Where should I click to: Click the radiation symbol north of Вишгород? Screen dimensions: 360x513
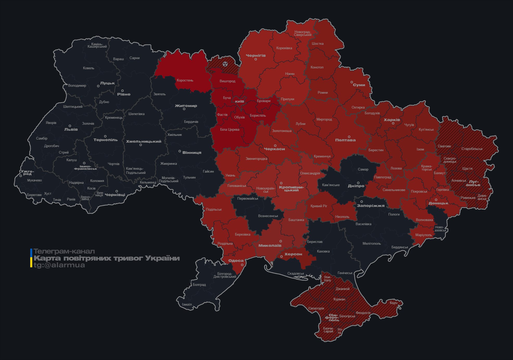(x=225, y=64)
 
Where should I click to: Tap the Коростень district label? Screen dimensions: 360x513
(x=185, y=80)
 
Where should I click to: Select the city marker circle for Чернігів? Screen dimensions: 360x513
(x=256, y=59)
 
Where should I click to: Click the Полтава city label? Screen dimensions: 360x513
(x=345, y=140)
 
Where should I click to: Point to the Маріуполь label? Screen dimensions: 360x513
(x=423, y=235)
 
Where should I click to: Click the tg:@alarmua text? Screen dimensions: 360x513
(x=59, y=265)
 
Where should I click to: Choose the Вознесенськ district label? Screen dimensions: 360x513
(x=268, y=216)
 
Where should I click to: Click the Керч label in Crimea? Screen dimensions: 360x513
(x=394, y=303)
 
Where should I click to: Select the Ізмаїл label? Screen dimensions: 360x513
(x=187, y=304)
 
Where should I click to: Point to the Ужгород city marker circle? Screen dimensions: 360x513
(x=21, y=176)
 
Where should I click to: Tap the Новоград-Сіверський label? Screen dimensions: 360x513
(x=303, y=33)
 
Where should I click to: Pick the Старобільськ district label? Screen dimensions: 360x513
(x=472, y=149)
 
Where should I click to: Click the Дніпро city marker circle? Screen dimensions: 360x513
(x=358, y=183)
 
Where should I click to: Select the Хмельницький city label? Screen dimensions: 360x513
(x=144, y=141)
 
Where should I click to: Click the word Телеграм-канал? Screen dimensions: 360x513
(x=64, y=251)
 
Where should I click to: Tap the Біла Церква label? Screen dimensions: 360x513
(x=230, y=129)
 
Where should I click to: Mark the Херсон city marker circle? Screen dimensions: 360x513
(x=281, y=257)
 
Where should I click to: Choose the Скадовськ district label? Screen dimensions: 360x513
(x=296, y=273)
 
